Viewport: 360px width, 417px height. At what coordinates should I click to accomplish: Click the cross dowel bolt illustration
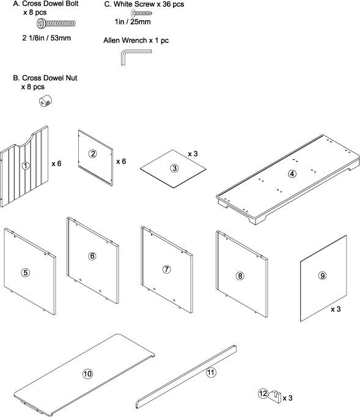point(56,24)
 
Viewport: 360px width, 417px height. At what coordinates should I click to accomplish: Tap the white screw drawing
point(141,13)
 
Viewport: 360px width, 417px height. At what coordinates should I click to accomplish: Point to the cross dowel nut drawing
point(45,101)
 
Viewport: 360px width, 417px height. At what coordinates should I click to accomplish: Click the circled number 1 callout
point(26,166)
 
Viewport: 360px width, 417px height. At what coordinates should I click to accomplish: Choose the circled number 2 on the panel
point(93,153)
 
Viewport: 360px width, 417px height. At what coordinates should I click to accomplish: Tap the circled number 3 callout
point(174,168)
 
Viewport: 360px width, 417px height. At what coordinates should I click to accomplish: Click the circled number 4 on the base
point(292,174)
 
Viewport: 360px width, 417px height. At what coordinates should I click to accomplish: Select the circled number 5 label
point(25,272)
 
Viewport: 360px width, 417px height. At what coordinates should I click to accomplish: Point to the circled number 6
point(92,256)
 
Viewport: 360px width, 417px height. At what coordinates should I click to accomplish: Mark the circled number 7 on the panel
point(166,269)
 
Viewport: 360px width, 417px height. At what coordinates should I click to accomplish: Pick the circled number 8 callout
point(240,276)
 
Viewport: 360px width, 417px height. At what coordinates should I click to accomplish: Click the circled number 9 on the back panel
point(323,275)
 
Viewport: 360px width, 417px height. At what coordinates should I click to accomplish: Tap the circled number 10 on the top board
point(87,374)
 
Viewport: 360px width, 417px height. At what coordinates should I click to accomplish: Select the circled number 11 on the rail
point(211,372)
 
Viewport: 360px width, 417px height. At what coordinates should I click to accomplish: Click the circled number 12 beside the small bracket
point(263,393)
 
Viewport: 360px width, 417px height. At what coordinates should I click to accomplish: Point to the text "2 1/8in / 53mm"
point(46,38)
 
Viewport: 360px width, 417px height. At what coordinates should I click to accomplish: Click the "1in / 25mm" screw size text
point(133,22)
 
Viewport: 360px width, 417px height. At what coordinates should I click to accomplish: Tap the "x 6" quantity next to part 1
point(56,163)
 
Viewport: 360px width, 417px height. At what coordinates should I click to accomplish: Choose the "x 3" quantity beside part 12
point(287,398)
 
